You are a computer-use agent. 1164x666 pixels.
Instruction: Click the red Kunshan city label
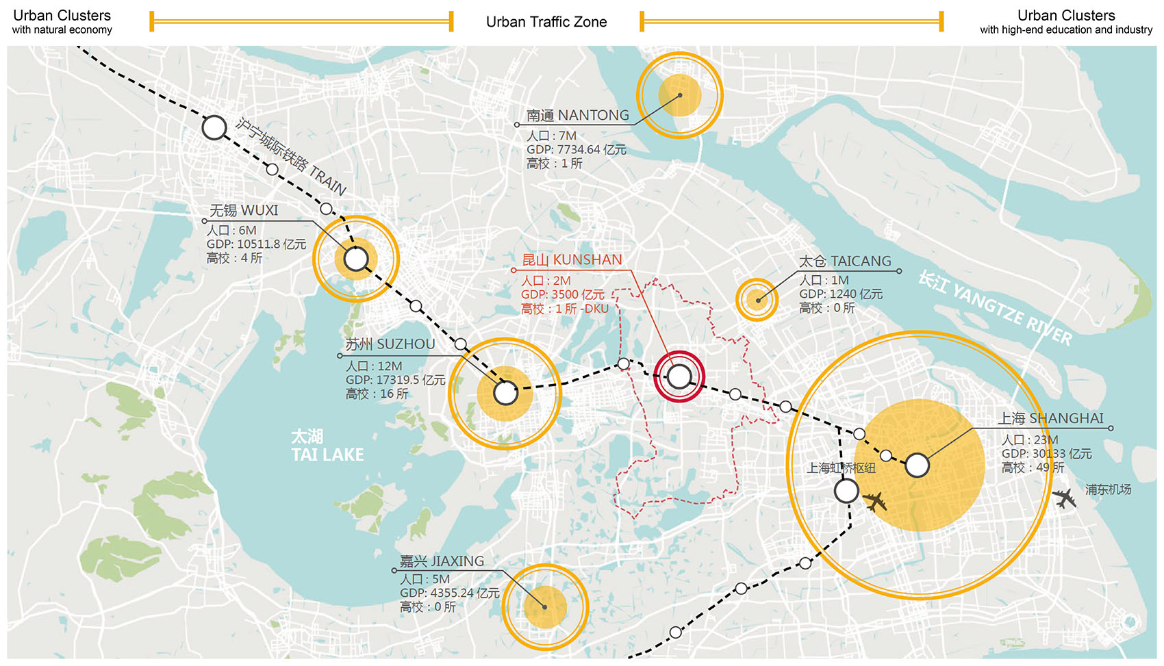[572, 260]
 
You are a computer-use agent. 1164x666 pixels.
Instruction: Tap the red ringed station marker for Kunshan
[679, 376]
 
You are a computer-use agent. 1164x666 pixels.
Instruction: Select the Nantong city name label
[577, 115]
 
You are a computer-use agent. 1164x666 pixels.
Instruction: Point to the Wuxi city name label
[244, 210]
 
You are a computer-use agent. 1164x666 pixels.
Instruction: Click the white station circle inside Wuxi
[356, 259]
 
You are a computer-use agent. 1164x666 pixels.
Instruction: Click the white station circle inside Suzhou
[505, 393]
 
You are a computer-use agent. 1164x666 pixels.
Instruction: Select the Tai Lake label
[327, 446]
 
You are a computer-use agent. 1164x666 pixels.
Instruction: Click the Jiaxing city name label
[442, 561]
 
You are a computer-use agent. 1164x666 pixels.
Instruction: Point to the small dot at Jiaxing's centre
[545, 607]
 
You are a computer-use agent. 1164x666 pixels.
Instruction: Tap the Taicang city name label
[845, 261]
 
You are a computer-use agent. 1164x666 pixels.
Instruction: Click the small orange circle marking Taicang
[757, 300]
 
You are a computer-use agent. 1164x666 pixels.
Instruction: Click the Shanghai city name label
[1050, 418]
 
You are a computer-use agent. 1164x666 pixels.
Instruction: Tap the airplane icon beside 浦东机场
[1064, 498]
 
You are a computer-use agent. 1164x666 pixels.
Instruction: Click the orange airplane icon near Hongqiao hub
[875, 502]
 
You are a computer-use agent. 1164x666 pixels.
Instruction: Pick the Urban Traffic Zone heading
[546, 22]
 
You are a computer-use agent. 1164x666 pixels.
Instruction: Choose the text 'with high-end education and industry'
[1065, 30]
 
